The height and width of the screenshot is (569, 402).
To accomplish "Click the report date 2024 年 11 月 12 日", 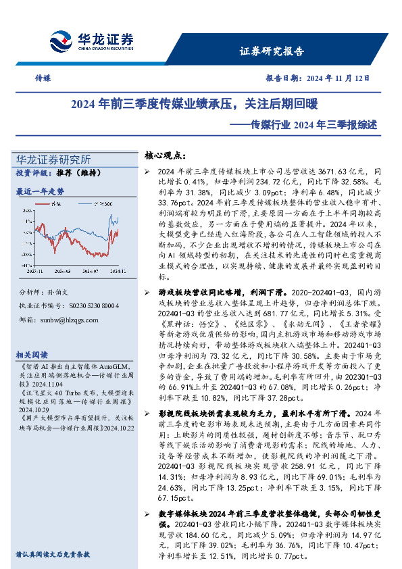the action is (337, 78).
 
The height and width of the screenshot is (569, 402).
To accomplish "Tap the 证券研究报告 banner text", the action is (272, 51).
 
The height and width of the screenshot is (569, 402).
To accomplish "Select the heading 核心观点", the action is (166, 155).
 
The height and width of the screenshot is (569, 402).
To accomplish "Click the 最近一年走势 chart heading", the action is (40, 191).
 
